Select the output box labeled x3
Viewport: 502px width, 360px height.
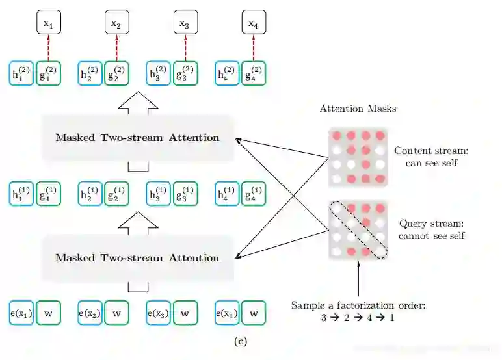pos(184,24)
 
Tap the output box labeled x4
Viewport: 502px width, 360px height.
pos(253,24)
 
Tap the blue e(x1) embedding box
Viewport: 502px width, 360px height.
pos(21,313)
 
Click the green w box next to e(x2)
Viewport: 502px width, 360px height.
pos(116,313)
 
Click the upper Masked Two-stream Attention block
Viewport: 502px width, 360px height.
pos(137,138)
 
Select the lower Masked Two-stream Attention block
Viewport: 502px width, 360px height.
pos(137,258)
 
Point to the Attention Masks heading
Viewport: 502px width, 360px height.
pos(358,109)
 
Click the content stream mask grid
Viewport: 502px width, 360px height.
pos(358,157)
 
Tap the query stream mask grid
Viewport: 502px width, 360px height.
pos(358,229)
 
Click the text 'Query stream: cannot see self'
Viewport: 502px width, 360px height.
pos(431,229)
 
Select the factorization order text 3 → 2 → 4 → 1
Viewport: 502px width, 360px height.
pos(358,318)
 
